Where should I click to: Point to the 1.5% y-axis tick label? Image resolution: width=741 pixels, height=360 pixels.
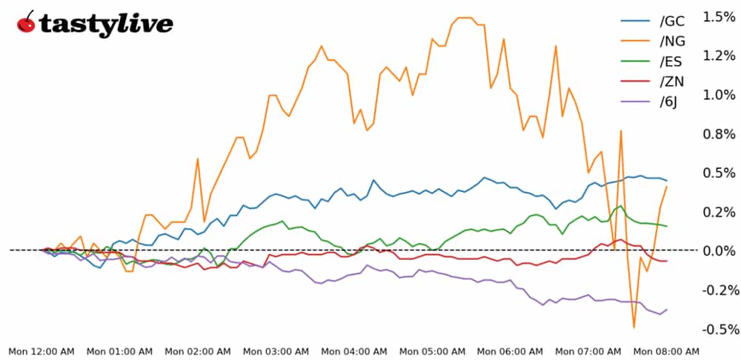[720, 16]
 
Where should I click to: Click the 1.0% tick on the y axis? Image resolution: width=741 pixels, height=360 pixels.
[720, 95]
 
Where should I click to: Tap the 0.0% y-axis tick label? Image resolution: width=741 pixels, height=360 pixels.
[720, 251]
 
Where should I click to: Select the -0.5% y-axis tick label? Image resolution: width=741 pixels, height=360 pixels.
[718, 329]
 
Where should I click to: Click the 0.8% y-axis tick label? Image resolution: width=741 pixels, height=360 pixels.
[720, 134]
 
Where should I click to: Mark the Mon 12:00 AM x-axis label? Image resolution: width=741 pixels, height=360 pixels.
[41, 351]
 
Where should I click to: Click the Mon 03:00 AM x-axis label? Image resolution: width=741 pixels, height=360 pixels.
[276, 351]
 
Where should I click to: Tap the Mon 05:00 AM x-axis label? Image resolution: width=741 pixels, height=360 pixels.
[433, 351]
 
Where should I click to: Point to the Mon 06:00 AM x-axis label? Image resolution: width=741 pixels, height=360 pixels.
[511, 351]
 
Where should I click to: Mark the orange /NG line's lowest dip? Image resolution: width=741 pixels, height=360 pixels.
[634, 327]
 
